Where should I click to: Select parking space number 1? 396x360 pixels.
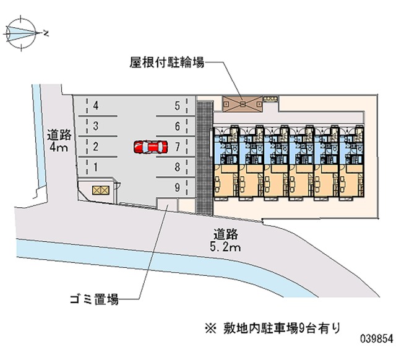tap(96, 166)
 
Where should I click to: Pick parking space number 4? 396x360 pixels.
tap(96, 106)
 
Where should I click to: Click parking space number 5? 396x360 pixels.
tap(177, 106)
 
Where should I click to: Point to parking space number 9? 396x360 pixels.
tap(177, 187)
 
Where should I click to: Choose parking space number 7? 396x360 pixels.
tap(177, 147)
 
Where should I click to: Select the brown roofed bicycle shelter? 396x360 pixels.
tap(243, 103)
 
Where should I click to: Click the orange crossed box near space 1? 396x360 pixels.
tap(99, 191)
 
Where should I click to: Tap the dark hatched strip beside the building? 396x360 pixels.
tap(204, 155)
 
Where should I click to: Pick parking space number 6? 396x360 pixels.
tap(177, 126)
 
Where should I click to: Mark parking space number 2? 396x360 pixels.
tap(96, 147)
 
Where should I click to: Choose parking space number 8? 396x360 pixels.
tap(177, 166)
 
